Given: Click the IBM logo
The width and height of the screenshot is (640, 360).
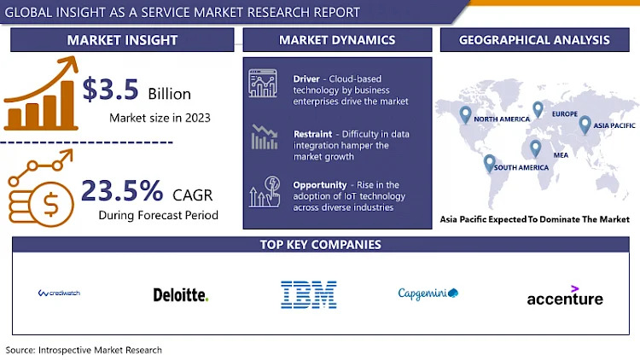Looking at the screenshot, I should pyautogui.click(x=308, y=294).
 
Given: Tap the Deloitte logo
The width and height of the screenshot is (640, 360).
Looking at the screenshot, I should pyautogui.click(x=180, y=295).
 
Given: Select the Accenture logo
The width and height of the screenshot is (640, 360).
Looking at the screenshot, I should pyautogui.click(x=565, y=297).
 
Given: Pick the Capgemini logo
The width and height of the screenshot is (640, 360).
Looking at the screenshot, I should pyautogui.click(x=428, y=294).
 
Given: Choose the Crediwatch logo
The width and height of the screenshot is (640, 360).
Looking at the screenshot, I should pyautogui.click(x=59, y=293).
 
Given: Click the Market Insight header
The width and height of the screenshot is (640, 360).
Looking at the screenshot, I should pyautogui.click(x=122, y=40).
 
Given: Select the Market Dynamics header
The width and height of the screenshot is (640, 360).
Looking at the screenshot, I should pyautogui.click(x=337, y=40).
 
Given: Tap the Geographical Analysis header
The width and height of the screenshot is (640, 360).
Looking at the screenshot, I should pyautogui.click(x=534, y=40).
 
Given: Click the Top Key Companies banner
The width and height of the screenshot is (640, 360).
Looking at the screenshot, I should pyautogui.click(x=320, y=245).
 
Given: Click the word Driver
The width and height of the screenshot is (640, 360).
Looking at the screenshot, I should pyautogui.click(x=306, y=78).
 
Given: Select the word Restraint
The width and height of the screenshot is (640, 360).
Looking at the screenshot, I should pyautogui.click(x=313, y=133).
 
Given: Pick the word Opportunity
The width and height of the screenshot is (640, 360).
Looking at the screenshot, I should pyautogui.click(x=319, y=185).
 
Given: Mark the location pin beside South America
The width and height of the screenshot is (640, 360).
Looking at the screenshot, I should pyautogui.click(x=490, y=162).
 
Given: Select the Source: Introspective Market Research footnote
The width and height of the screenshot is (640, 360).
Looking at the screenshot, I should pyautogui.click(x=84, y=350).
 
